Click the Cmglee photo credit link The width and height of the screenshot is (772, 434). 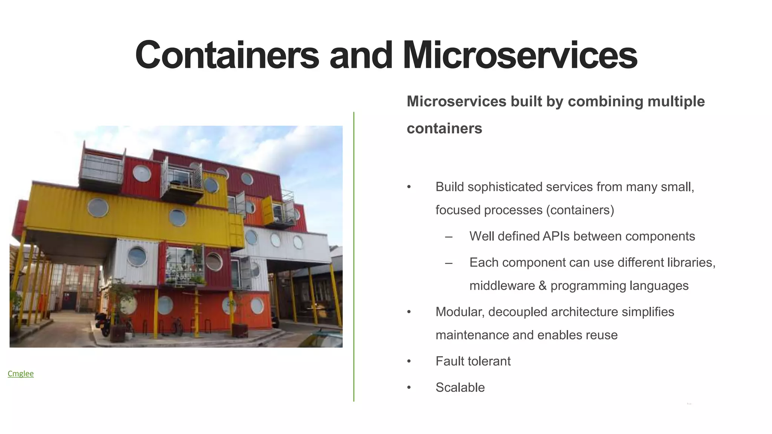(x=21, y=373)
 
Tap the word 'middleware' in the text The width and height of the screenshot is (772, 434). (x=502, y=286)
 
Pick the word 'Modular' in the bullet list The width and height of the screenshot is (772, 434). (x=460, y=312)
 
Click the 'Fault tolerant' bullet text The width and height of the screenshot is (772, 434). (x=473, y=361)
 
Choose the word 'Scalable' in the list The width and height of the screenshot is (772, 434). (x=460, y=387)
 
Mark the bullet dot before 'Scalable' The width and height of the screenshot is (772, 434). (x=409, y=388)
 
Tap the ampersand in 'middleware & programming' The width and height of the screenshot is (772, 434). (x=542, y=286)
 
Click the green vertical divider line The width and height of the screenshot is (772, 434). (x=354, y=256)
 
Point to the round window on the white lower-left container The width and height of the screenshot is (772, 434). (x=137, y=256)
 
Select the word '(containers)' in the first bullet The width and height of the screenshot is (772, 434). (x=580, y=210)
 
